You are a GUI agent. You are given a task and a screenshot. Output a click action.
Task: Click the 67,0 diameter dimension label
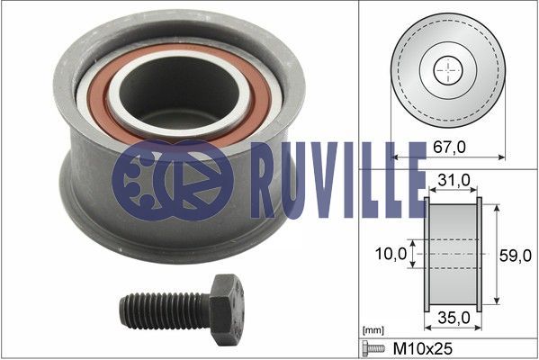pyautogui.click(x=449, y=148)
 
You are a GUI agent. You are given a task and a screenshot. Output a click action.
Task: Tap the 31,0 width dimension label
pyautogui.click(x=454, y=179)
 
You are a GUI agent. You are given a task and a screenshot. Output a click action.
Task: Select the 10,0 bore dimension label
pyautogui.click(x=391, y=254)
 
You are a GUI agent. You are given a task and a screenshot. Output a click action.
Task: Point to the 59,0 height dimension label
pyautogui.click(x=515, y=256)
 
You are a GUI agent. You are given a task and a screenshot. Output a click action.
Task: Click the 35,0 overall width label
pyautogui.click(x=454, y=318)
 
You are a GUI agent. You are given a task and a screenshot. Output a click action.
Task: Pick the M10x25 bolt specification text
pyautogui.click(x=422, y=348)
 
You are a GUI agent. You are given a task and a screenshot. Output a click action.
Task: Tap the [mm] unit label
pyautogui.click(x=373, y=330)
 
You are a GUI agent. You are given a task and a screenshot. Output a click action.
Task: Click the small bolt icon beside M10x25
pyautogui.click(x=373, y=348)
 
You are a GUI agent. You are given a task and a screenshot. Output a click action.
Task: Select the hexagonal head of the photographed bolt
pyautogui.click(x=227, y=309)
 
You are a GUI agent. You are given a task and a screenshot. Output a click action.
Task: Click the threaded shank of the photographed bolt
pyautogui.click(x=165, y=310)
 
